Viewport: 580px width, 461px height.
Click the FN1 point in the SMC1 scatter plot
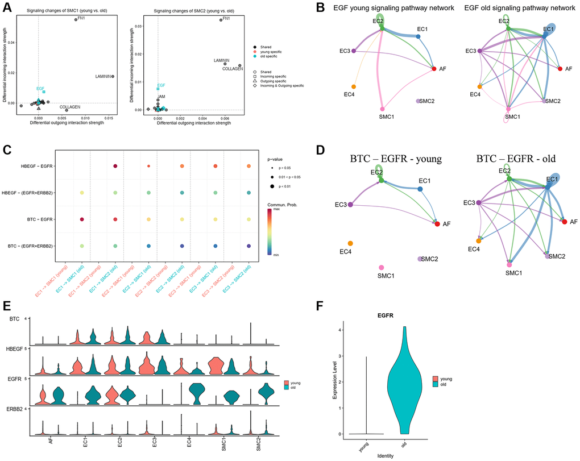[x=76, y=19]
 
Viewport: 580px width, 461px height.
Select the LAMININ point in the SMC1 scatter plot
[x=113, y=76]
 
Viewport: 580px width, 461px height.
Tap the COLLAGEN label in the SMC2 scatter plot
[x=233, y=69]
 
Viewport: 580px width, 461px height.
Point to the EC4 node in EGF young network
[x=354, y=86]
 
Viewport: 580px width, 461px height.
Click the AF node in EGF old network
[x=560, y=69]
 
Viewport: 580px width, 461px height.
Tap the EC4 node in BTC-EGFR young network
[x=350, y=243]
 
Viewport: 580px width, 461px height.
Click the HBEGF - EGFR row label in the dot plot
[x=38, y=166]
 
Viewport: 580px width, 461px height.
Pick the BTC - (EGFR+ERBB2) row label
[x=34, y=246]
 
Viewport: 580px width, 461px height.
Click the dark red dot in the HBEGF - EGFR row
[x=115, y=166]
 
